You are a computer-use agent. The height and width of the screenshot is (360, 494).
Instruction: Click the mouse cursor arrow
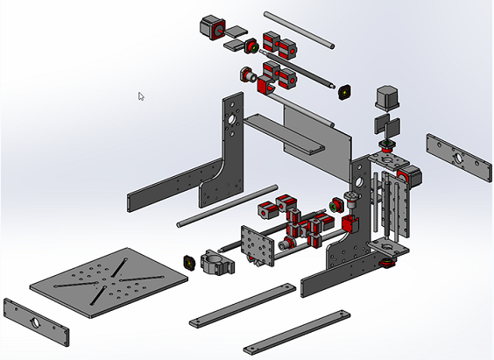(x=141, y=95)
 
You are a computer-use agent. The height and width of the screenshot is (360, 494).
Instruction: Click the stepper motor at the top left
(x=211, y=26)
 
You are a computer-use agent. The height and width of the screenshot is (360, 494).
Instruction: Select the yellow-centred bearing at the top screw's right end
(x=344, y=90)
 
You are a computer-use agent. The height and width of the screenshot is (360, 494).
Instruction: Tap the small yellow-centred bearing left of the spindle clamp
(x=187, y=262)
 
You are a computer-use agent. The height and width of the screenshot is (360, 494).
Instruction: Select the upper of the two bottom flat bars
(x=242, y=306)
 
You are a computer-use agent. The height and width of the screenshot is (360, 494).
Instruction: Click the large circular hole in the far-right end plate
(x=456, y=158)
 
